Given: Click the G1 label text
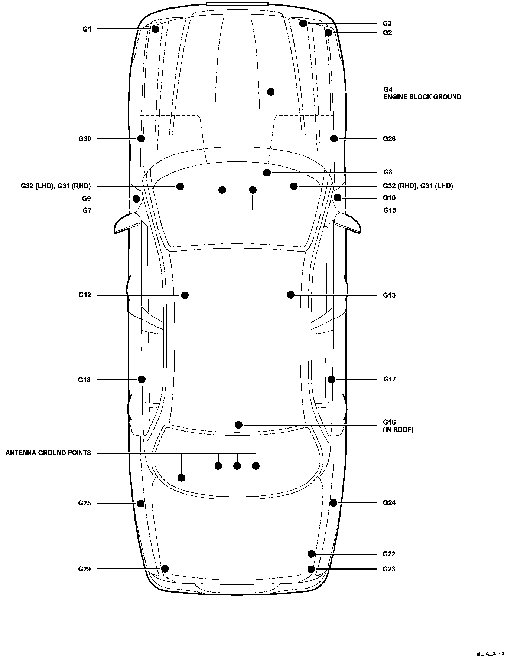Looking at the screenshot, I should point(87,29).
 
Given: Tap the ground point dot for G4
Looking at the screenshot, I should point(271,92).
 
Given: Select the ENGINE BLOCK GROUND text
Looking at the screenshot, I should point(422,97).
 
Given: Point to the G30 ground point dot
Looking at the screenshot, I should point(141,138).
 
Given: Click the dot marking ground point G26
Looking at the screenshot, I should point(334,138).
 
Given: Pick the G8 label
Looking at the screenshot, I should point(388,172).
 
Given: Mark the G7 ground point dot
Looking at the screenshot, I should point(222,190).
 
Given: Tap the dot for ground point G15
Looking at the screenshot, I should point(253,190).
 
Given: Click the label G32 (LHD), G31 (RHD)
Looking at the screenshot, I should point(56,186).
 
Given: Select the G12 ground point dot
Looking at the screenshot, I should point(185,295).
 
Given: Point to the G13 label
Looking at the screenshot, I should point(389,295).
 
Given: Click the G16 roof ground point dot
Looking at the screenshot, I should point(239,425).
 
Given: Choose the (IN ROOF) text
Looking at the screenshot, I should point(398,430).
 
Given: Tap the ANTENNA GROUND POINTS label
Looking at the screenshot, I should point(48,453).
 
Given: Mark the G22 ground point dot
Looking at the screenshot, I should point(311,554).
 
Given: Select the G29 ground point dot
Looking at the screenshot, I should point(165,568).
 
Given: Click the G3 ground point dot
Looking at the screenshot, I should point(303,23).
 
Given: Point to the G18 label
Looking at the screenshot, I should point(84,380).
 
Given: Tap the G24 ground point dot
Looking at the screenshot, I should point(333,502).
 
